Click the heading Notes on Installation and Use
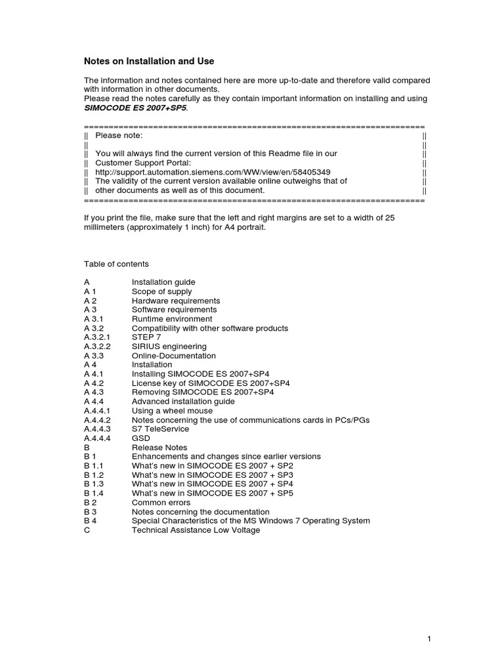(149, 61)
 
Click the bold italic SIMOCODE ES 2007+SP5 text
(135, 108)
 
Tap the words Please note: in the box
(119, 135)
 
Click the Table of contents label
(116, 264)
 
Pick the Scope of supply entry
(161, 291)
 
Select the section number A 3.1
(93, 319)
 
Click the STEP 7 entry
(146, 337)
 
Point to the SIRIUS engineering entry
(169, 346)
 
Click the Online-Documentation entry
(173, 356)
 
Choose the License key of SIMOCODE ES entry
(211, 383)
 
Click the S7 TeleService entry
(160, 429)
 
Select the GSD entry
(140, 438)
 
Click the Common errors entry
(161, 502)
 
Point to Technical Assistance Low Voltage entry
(196, 530)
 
